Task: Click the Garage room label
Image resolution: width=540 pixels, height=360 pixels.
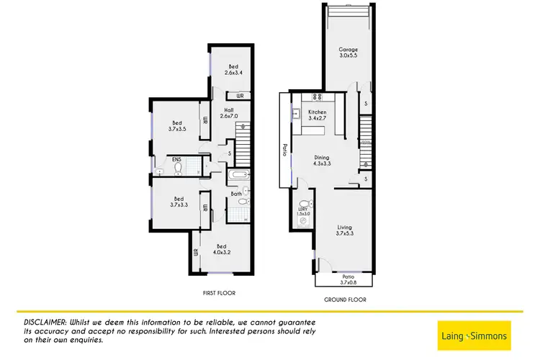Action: (x=348, y=53)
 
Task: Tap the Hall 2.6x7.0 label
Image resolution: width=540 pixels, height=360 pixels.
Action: (x=228, y=114)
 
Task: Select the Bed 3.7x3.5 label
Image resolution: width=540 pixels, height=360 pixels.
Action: (x=177, y=125)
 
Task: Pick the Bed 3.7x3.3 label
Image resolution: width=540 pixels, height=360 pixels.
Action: (x=178, y=202)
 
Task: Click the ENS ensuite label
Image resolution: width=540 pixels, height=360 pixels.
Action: (x=176, y=161)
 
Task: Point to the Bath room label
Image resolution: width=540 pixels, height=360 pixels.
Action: (x=235, y=194)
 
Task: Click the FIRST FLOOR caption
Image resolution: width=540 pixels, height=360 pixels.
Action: (x=218, y=294)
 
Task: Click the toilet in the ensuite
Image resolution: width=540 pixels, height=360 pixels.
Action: (x=178, y=168)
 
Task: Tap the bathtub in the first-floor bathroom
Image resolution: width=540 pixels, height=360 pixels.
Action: (x=238, y=176)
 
